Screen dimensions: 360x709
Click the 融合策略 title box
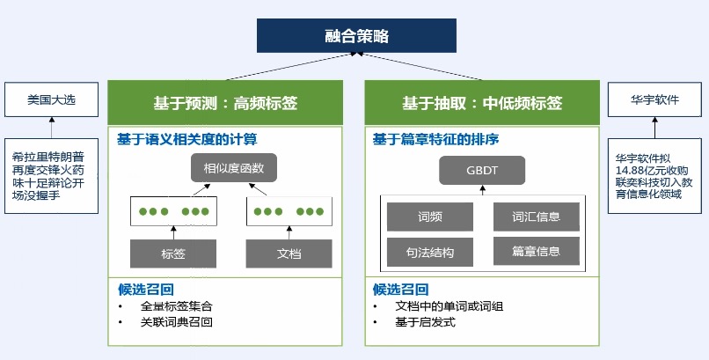(356, 36)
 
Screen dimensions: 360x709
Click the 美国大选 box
(51, 100)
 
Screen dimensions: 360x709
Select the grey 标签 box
(173, 253)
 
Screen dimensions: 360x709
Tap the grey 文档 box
(289, 253)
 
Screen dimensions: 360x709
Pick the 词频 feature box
(430, 217)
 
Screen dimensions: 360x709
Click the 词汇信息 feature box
(536, 217)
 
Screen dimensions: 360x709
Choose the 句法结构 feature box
(430, 252)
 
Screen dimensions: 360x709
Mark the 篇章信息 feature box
(536, 252)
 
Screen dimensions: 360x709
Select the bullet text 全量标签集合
(176, 306)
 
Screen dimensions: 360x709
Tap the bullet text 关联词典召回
(176, 322)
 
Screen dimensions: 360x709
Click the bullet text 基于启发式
(425, 322)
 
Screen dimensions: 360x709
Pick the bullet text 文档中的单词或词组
(449, 306)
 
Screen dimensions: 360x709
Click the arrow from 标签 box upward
(173, 232)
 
